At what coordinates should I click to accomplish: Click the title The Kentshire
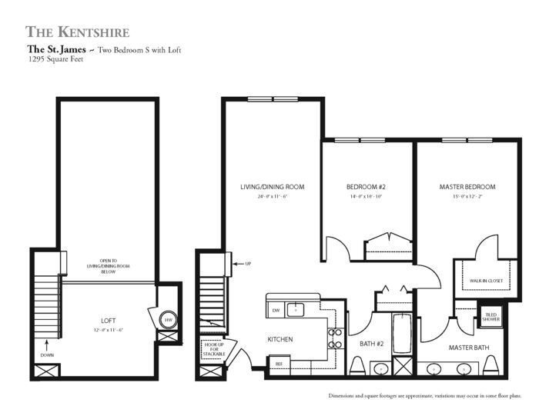click(77, 32)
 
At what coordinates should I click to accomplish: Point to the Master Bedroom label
click(467, 187)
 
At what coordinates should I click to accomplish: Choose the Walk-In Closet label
click(486, 281)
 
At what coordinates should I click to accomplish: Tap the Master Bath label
click(470, 348)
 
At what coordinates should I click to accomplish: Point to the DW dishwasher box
click(276, 310)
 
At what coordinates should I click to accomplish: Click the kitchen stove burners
click(336, 339)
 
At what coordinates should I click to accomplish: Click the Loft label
click(108, 319)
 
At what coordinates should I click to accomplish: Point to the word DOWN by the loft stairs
click(46, 355)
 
